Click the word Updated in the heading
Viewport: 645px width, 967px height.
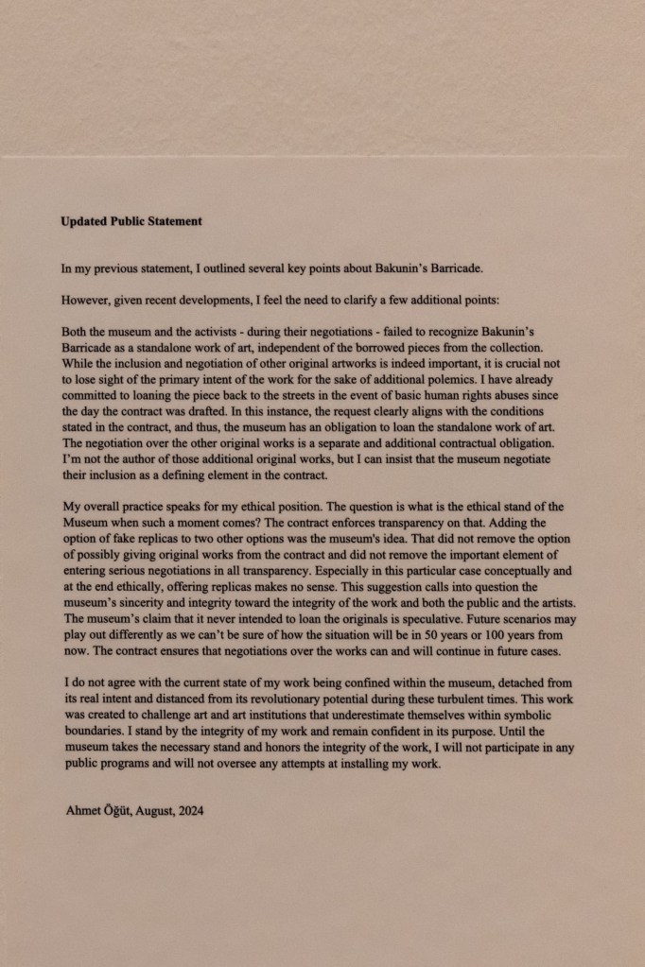tap(83, 222)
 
